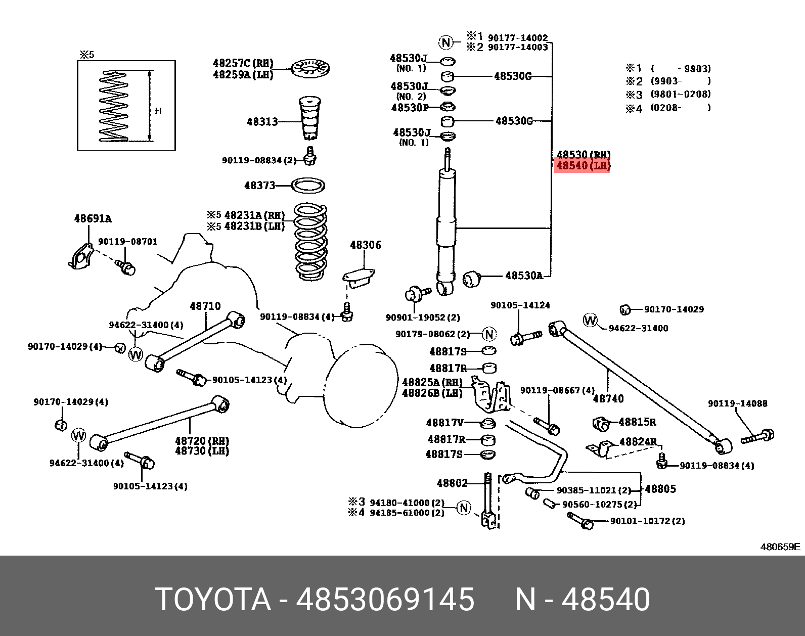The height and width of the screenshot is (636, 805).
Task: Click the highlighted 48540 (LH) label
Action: click(583, 166)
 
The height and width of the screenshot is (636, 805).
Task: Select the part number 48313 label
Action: click(262, 121)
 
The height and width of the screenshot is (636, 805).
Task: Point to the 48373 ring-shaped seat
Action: click(309, 185)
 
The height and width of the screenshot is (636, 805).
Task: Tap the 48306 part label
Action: click(365, 245)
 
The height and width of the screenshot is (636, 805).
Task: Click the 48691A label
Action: click(93, 219)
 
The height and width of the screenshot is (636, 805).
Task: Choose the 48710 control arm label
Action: click(205, 306)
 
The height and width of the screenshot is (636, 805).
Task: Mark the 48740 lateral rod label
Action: click(608, 398)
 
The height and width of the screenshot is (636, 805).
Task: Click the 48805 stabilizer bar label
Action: click(660, 489)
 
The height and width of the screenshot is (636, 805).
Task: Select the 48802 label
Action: click(452, 483)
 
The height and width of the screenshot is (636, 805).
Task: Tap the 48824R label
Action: click(638, 442)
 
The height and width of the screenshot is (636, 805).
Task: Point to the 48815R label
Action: click(637, 422)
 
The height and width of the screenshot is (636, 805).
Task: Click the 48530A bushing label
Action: click(524, 276)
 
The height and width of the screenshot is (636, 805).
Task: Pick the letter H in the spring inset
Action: click(158, 111)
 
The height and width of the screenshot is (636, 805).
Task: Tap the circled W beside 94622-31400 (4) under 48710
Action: click(136, 354)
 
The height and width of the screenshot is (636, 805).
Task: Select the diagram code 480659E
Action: click(781, 547)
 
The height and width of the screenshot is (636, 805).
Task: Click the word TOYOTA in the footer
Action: click(212, 600)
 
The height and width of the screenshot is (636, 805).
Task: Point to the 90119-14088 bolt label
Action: click(737, 403)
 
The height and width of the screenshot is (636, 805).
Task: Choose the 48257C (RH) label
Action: click(243, 64)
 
